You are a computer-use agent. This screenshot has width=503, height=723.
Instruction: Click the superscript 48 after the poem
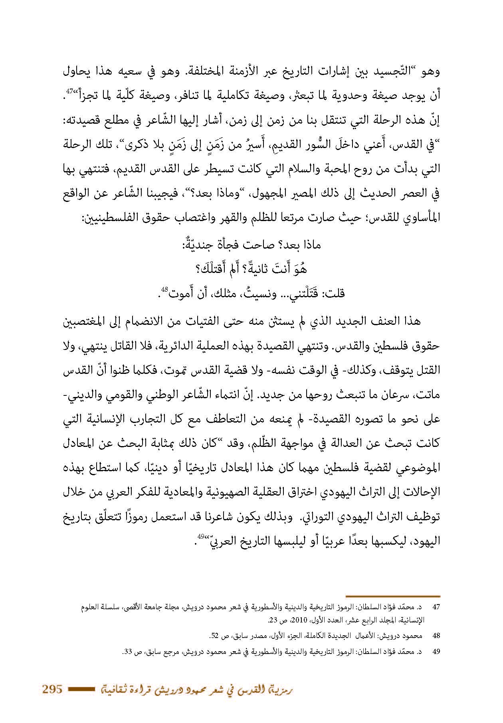pyautogui.click(x=165, y=289)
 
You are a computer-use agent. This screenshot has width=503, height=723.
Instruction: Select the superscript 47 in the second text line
pyautogui.click(x=70, y=91)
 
